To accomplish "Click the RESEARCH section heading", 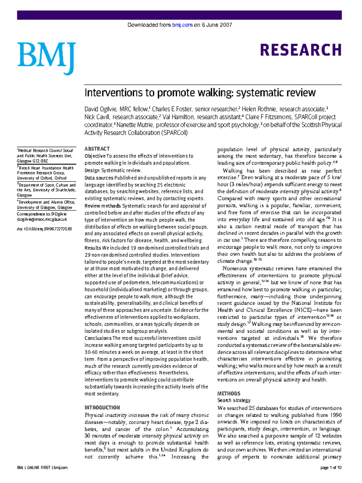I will click(x=300, y=50).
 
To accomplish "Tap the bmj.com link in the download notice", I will click(x=182, y=25).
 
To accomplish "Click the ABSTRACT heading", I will click(x=97, y=149).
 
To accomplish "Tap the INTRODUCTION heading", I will click(x=102, y=407).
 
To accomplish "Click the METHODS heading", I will click(x=229, y=393).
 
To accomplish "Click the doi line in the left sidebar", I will click(x=44, y=229).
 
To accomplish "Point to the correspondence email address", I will click(x=42, y=219).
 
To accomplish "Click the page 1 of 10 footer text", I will click(x=331, y=468).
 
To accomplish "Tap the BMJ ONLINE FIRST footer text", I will click(x=42, y=468).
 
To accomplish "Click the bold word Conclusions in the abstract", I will click(x=98, y=338).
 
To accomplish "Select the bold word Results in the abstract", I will click(x=93, y=248).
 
